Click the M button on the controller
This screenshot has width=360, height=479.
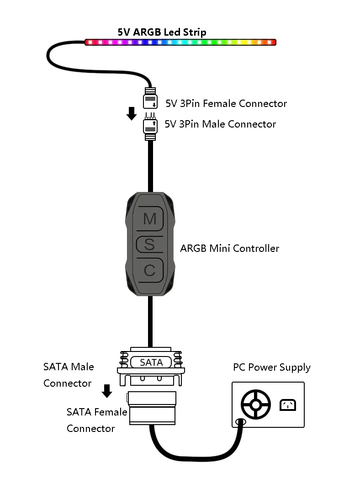pos(150,219)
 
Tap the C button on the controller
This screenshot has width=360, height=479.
pos(150,271)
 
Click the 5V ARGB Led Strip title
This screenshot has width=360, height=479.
pos(162,32)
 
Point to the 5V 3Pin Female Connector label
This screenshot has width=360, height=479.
pos(226,103)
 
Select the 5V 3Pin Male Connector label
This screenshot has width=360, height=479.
pos(220,124)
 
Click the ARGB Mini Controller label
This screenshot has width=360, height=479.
pos(229,249)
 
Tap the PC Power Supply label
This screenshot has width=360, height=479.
pos(271,367)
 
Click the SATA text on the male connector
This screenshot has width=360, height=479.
pos(151,362)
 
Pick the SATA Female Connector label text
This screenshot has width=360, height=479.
pos(97,420)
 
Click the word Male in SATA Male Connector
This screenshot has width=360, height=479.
pos(82,367)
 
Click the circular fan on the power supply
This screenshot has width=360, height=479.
pos(256,404)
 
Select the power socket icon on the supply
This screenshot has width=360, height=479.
pos(288,404)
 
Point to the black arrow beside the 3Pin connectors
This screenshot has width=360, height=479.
pos(132,113)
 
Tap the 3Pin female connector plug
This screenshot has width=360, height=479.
pos(150,99)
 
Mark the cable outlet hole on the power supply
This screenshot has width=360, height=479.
pos(239,421)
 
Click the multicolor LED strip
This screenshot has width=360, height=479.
pos(180,42)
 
